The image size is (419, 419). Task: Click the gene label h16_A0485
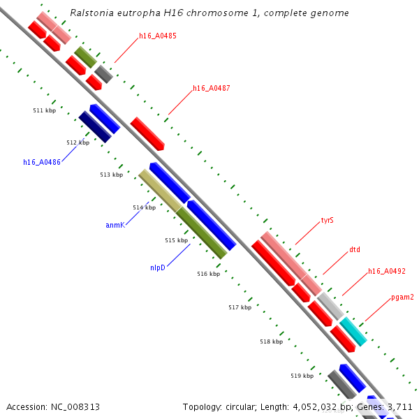(157, 36)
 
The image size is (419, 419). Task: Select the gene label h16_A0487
(212, 89)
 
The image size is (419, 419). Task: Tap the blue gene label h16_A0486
(42, 162)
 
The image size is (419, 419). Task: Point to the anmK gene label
(115, 225)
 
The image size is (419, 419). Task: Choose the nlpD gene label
(157, 267)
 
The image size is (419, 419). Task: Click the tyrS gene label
(327, 221)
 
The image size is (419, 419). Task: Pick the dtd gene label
(355, 249)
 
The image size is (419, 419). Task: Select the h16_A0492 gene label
(387, 272)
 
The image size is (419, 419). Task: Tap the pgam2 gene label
(402, 297)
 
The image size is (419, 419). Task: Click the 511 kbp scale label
(44, 111)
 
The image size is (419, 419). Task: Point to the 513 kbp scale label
(111, 175)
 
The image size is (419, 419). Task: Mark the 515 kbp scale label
(177, 240)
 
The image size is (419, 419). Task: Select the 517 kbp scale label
(240, 307)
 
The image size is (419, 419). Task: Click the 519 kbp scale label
(302, 376)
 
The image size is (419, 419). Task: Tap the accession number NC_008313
(52, 406)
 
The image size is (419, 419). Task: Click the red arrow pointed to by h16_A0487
(147, 133)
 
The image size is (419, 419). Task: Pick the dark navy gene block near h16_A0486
(95, 126)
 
